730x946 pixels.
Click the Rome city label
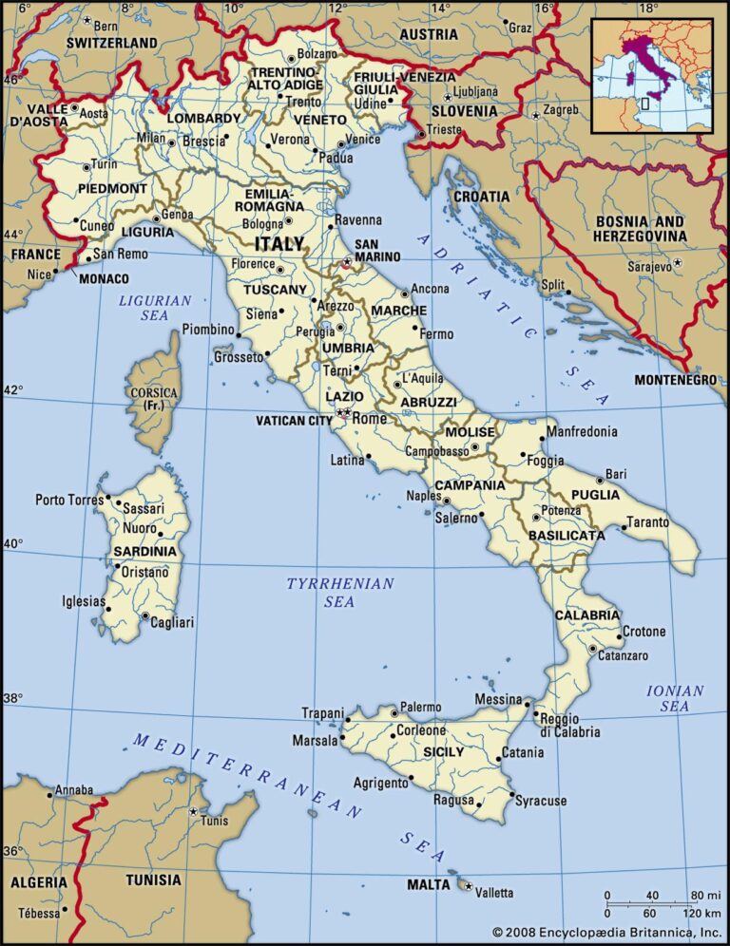[x=371, y=419]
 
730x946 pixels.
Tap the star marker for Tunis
[x=193, y=812]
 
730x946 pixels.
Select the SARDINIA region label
[x=144, y=551]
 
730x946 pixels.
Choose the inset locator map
[x=652, y=75]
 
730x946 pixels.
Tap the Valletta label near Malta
[x=494, y=893]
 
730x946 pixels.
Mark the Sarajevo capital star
[x=678, y=263]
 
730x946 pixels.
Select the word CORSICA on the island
[x=153, y=392]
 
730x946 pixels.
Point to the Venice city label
[x=362, y=139]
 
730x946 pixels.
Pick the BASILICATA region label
[x=567, y=536]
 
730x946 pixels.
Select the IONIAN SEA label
[x=674, y=698]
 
